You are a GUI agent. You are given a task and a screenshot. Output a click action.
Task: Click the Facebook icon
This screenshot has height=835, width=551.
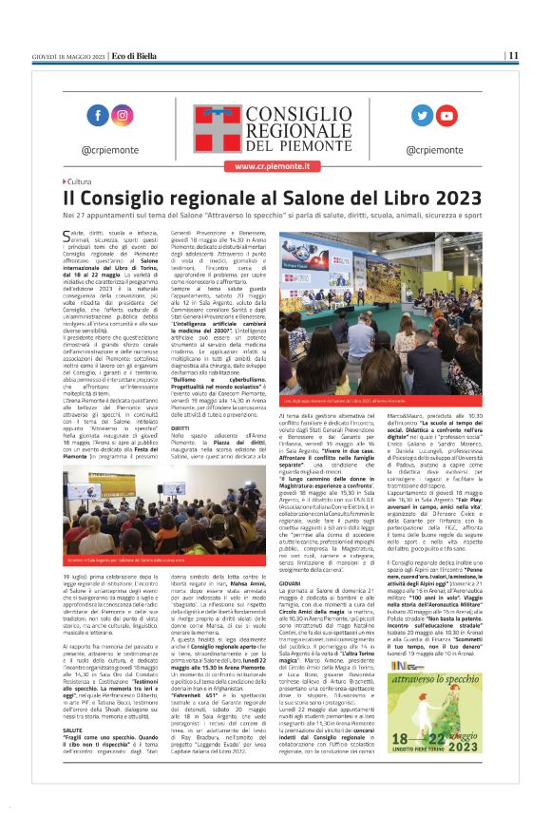click(x=98, y=115)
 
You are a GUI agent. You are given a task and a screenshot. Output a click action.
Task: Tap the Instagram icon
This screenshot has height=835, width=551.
click(x=123, y=115)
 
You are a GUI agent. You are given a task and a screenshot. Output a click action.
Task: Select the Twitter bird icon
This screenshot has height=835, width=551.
click(x=421, y=115)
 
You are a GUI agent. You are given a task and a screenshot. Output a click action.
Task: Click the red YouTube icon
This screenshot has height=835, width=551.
click(x=446, y=115)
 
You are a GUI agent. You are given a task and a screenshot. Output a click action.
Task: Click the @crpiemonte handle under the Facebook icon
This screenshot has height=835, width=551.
click(x=110, y=150)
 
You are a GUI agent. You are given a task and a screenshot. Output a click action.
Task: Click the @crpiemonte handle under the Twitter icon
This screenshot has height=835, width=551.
click(x=433, y=150)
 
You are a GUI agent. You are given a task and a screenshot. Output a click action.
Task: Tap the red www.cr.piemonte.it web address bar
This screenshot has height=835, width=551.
click(x=275, y=165)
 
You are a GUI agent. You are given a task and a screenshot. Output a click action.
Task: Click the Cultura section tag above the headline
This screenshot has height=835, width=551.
click(x=79, y=181)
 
